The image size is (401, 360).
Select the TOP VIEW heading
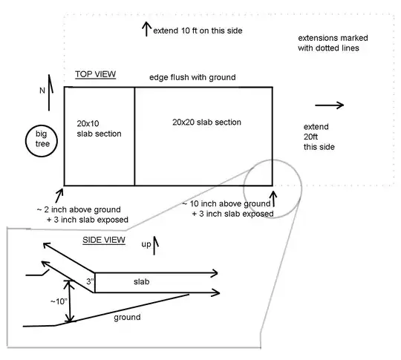[93, 75]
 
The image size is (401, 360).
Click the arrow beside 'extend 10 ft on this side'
[146, 29]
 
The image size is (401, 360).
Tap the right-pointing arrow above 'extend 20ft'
[330, 105]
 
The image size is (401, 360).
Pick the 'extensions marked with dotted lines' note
[333, 42]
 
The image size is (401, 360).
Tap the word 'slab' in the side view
[143, 282]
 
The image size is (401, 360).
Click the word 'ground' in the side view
[127, 317]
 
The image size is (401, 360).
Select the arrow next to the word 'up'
[156, 243]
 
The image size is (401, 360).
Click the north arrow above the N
[50, 84]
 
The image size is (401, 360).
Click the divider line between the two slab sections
[134, 136]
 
